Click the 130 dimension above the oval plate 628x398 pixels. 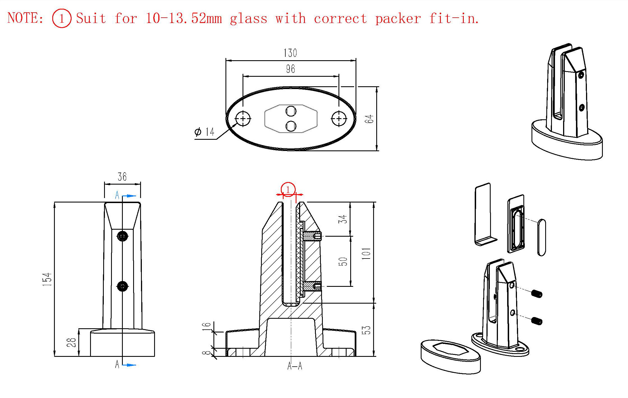[290, 53]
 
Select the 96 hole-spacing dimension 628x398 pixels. [290, 69]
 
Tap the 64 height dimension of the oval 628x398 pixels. [369, 119]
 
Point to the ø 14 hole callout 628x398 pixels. [204, 132]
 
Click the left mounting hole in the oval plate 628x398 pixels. [243, 118]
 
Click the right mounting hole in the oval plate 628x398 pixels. [339, 118]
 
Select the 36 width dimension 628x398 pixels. [122, 177]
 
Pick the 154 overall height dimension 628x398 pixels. [47, 279]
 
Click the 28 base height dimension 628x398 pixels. [71, 342]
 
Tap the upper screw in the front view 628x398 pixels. [122, 236]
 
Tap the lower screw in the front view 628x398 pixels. [122, 286]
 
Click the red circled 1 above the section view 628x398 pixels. [288, 190]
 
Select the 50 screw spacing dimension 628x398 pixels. [343, 261]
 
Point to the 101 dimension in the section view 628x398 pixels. [366, 253]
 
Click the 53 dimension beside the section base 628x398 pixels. [366, 330]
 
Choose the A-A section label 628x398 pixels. [295, 366]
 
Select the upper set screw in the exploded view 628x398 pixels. [537, 294]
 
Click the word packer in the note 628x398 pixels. [398, 19]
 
